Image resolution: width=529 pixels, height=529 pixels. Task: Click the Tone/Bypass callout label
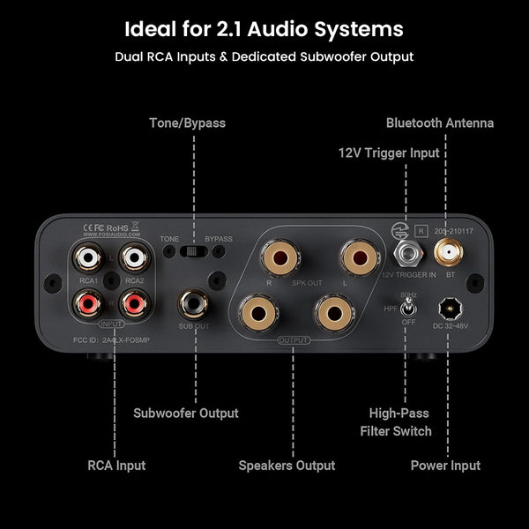186,123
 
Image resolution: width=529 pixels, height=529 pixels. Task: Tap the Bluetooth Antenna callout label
439,123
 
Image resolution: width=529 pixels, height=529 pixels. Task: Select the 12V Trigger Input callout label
388,153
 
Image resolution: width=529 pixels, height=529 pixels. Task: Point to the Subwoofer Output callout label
185,413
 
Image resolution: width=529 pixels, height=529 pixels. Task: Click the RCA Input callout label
116,466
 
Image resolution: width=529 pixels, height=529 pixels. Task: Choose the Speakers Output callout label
287,466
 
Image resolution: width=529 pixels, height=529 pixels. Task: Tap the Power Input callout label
445,466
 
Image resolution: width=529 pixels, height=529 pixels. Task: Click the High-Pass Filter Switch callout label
395,421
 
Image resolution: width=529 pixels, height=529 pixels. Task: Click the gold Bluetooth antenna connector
445,255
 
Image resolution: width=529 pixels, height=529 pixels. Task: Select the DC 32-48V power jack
450,309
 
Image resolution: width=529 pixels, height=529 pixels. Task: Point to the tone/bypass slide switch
194,251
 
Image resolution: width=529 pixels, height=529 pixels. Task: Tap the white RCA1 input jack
88,257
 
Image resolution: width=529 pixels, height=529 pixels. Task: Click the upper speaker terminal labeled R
270,258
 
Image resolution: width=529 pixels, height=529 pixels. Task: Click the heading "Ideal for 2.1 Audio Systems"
264,29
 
